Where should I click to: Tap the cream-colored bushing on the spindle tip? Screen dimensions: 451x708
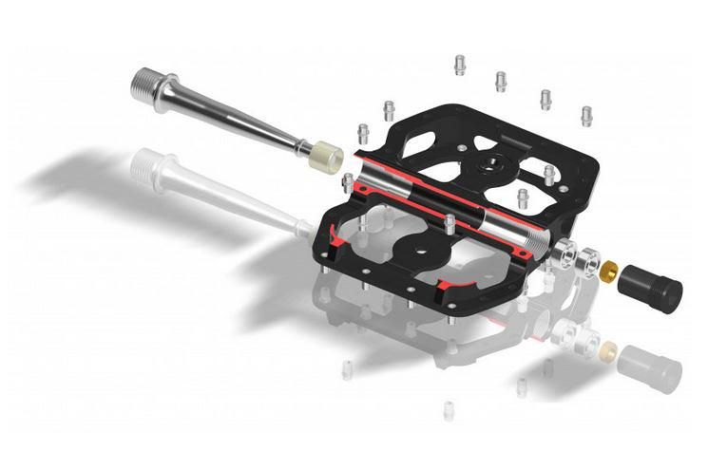328,156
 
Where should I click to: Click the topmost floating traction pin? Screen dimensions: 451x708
460,64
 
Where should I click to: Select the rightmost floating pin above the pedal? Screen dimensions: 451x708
586,116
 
